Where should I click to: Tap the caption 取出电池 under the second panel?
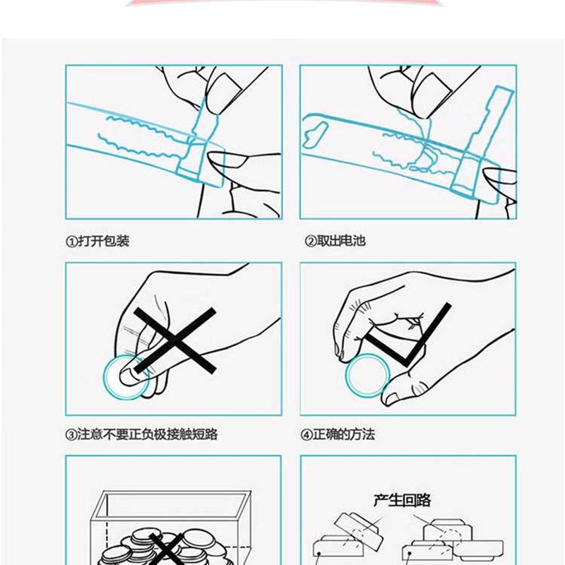point(341,241)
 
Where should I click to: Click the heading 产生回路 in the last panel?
point(402,501)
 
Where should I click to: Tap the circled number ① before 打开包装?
point(71,241)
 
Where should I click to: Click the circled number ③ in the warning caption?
point(71,434)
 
